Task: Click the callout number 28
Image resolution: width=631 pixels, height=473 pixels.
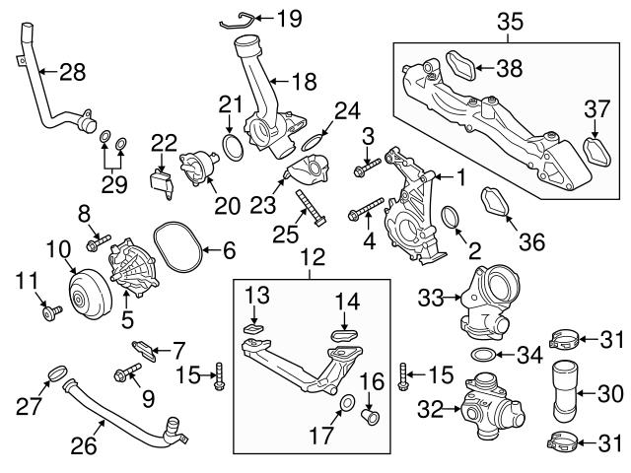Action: click(72, 71)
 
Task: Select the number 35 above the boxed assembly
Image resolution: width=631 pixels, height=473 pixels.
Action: click(510, 19)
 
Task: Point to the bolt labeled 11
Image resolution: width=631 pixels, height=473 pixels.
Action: click(49, 313)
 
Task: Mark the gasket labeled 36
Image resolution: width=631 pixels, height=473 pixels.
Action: click(496, 204)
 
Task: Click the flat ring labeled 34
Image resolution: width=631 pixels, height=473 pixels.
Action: click(484, 355)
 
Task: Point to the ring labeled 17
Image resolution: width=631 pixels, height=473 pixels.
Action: click(347, 404)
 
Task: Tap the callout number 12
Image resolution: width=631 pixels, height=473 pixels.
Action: click(312, 258)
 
